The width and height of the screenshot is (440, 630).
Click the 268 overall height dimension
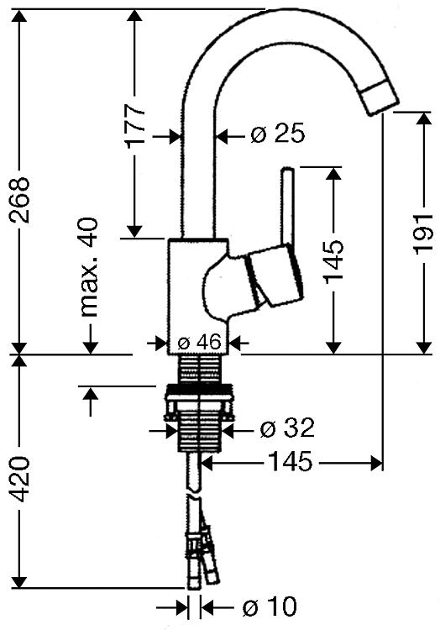tap(19, 200)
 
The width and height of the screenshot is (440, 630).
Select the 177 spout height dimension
tap(135, 126)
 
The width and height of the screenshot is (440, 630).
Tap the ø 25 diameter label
tap(278, 134)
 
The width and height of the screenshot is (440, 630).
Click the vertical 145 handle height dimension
tap(334, 261)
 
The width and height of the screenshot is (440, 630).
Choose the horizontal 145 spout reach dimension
tap(290, 461)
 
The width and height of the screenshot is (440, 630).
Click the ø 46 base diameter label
tap(199, 342)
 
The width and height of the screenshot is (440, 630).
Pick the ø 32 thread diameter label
tap(287, 428)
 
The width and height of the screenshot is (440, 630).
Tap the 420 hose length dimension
tap(19, 479)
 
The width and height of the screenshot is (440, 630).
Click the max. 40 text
tap(90, 267)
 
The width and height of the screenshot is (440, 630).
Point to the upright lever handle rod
tap(288, 206)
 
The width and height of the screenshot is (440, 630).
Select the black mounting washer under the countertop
tap(199, 389)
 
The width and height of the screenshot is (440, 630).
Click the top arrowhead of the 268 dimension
tap(19, 17)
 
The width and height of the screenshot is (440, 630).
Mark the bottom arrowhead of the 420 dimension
tap(19, 581)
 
